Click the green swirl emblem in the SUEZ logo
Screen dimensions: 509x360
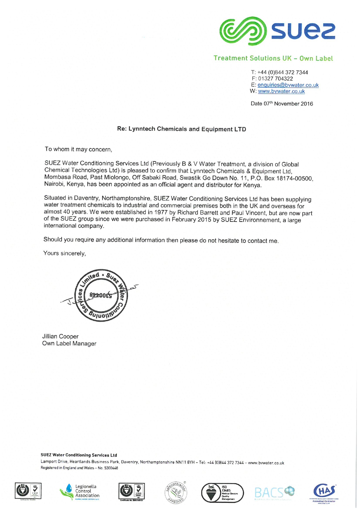[x=243, y=31]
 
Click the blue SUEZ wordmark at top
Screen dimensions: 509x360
[x=303, y=31]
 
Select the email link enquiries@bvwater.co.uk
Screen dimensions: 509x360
[x=288, y=85]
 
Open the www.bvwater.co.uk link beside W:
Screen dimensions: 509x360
[x=281, y=91]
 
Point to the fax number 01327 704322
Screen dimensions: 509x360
[x=276, y=79]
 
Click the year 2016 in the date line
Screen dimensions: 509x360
[x=307, y=104]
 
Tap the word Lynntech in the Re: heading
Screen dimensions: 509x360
[x=142, y=129]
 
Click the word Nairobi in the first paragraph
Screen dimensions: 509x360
[x=54, y=184]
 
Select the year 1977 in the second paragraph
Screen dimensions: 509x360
[x=161, y=212]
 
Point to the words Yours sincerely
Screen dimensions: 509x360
[x=64, y=253]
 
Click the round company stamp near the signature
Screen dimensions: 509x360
[x=101, y=295]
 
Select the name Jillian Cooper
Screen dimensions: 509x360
[x=60, y=336]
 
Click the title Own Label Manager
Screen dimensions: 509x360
[x=69, y=343]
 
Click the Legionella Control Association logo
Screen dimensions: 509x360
[x=80, y=491]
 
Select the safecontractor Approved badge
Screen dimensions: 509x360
[x=176, y=492]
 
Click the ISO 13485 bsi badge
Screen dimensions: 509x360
[x=222, y=493]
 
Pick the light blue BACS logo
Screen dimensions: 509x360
[x=274, y=492]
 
